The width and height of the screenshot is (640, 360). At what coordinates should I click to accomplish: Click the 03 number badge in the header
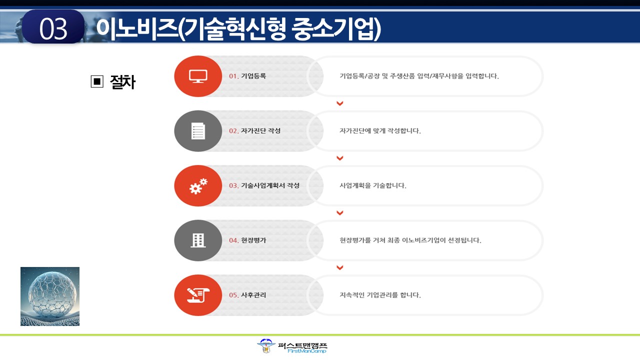tap(53, 27)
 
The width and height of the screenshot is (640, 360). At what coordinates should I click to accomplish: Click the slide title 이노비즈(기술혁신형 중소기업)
tap(238, 29)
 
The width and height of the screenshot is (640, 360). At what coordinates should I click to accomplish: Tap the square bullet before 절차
tap(97, 81)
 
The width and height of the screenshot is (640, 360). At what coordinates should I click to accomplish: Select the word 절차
tap(122, 82)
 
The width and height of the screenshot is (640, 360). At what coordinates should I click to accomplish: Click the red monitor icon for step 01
tap(198, 76)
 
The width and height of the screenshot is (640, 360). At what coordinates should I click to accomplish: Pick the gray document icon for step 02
tap(198, 131)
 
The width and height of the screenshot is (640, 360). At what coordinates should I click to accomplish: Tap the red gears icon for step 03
tap(198, 185)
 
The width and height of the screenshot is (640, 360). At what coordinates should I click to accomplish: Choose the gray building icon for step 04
tap(198, 240)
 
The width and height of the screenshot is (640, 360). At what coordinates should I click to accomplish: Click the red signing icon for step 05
tap(198, 295)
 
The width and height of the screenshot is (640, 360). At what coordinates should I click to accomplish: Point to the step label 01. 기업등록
tap(247, 76)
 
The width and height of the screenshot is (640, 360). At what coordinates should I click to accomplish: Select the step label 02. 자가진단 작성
tap(254, 131)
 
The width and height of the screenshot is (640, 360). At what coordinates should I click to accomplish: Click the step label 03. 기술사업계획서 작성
tap(264, 185)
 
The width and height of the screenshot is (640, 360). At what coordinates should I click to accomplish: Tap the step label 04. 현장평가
tap(247, 240)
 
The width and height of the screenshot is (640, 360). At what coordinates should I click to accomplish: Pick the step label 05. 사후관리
tap(247, 295)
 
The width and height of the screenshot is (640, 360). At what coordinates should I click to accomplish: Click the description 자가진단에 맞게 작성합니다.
tap(380, 131)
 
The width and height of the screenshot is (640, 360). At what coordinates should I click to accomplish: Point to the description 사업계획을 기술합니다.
tap(373, 185)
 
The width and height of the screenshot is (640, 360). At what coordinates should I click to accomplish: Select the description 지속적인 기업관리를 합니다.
tap(380, 295)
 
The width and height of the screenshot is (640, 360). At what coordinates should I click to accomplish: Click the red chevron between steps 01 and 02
tap(339, 103)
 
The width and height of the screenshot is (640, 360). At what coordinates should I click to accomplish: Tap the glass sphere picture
tap(50, 296)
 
